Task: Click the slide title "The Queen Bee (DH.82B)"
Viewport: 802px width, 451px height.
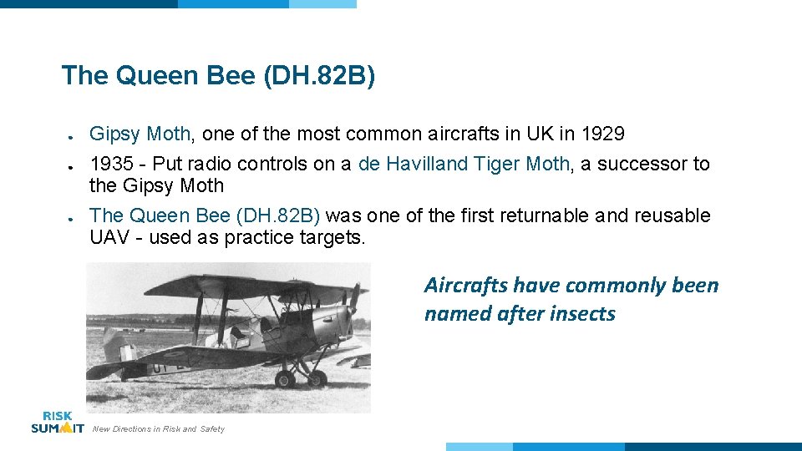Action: point(218,76)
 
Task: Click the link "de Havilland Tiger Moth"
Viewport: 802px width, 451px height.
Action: point(464,164)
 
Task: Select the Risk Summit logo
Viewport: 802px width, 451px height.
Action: point(57,422)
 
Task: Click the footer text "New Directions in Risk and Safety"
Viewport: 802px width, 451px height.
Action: point(159,429)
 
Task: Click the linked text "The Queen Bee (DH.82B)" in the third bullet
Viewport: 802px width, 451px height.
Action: point(204,215)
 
